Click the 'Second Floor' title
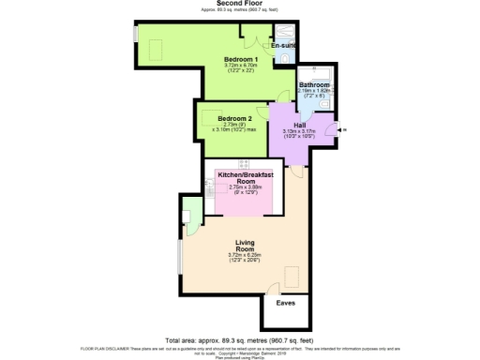coord(239,4)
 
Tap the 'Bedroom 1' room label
coord(240,59)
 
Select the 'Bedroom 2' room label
coord(235,119)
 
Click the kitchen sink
coord(211,187)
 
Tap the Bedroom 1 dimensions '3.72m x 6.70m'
coord(240,67)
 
